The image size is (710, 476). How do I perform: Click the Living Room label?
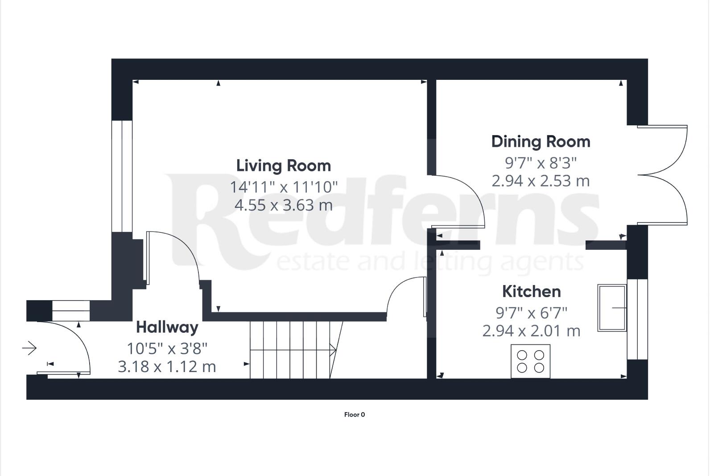pyautogui.click(x=283, y=166)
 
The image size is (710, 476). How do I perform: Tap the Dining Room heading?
pyautogui.click(x=541, y=141)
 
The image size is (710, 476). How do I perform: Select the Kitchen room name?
pyautogui.click(x=531, y=291)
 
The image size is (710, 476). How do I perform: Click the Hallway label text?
pyautogui.click(x=167, y=327)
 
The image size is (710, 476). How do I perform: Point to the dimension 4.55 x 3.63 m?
pyautogui.click(x=283, y=205)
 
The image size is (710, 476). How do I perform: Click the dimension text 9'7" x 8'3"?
pyautogui.click(x=541, y=163)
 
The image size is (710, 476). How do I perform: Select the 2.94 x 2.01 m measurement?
pyautogui.click(x=531, y=331)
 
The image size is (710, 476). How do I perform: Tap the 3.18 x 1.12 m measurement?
pyautogui.click(x=167, y=367)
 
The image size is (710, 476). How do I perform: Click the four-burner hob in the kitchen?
pyautogui.click(x=530, y=361)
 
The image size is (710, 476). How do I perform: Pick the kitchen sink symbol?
pyautogui.click(x=611, y=308)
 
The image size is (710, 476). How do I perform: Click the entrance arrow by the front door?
pyautogui.click(x=29, y=348)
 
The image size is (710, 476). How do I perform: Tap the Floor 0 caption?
pyautogui.click(x=355, y=415)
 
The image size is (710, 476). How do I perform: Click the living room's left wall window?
pyautogui.click(x=122, y=176)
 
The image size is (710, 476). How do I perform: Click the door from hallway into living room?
pyautogui.click(x=172, y=257)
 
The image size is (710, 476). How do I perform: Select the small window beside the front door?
pyautogui.click(x=71, y=311)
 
